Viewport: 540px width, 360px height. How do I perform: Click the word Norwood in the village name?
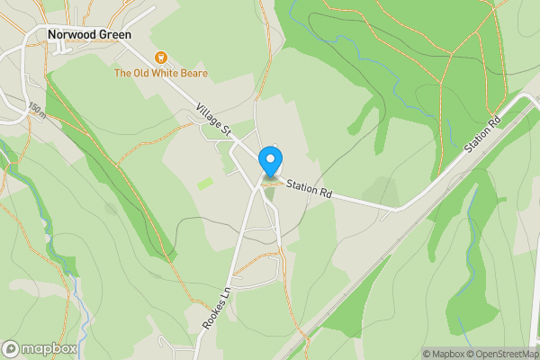click(71, 35)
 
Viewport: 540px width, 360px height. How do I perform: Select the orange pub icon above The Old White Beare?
click(161, 57)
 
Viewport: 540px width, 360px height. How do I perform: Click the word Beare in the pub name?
click(191, 72)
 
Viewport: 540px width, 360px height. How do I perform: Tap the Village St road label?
click(214, 121)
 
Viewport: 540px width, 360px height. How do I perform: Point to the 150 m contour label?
click(37, 110)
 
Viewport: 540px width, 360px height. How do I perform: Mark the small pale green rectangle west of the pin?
click(205, 184)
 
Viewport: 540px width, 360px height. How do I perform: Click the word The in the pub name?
click(122, 72)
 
